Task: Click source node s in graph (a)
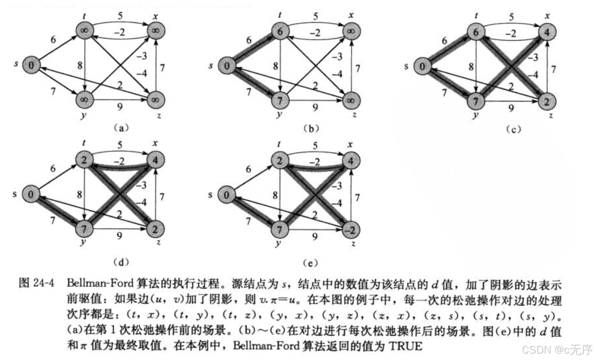tap(31, 65)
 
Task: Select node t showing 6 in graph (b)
tap(280, 32)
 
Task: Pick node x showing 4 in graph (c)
tap(547, 32)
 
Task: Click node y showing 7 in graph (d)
tap(84, 228)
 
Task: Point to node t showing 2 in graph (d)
tap(84, 160)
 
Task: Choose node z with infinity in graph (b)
tap(351, 100)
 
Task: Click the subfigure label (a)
tap(121, 128)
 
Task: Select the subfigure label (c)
tap(513, 130)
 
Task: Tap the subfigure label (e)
tap(310, 263)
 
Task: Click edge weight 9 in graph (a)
tap(120, 107)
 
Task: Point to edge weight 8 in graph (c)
tap(471, 67)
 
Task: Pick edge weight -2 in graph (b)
tap(315, 33)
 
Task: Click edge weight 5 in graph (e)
tap(315, 146)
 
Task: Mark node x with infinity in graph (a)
tap(156, 30)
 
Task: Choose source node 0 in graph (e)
tap(226, 195)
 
